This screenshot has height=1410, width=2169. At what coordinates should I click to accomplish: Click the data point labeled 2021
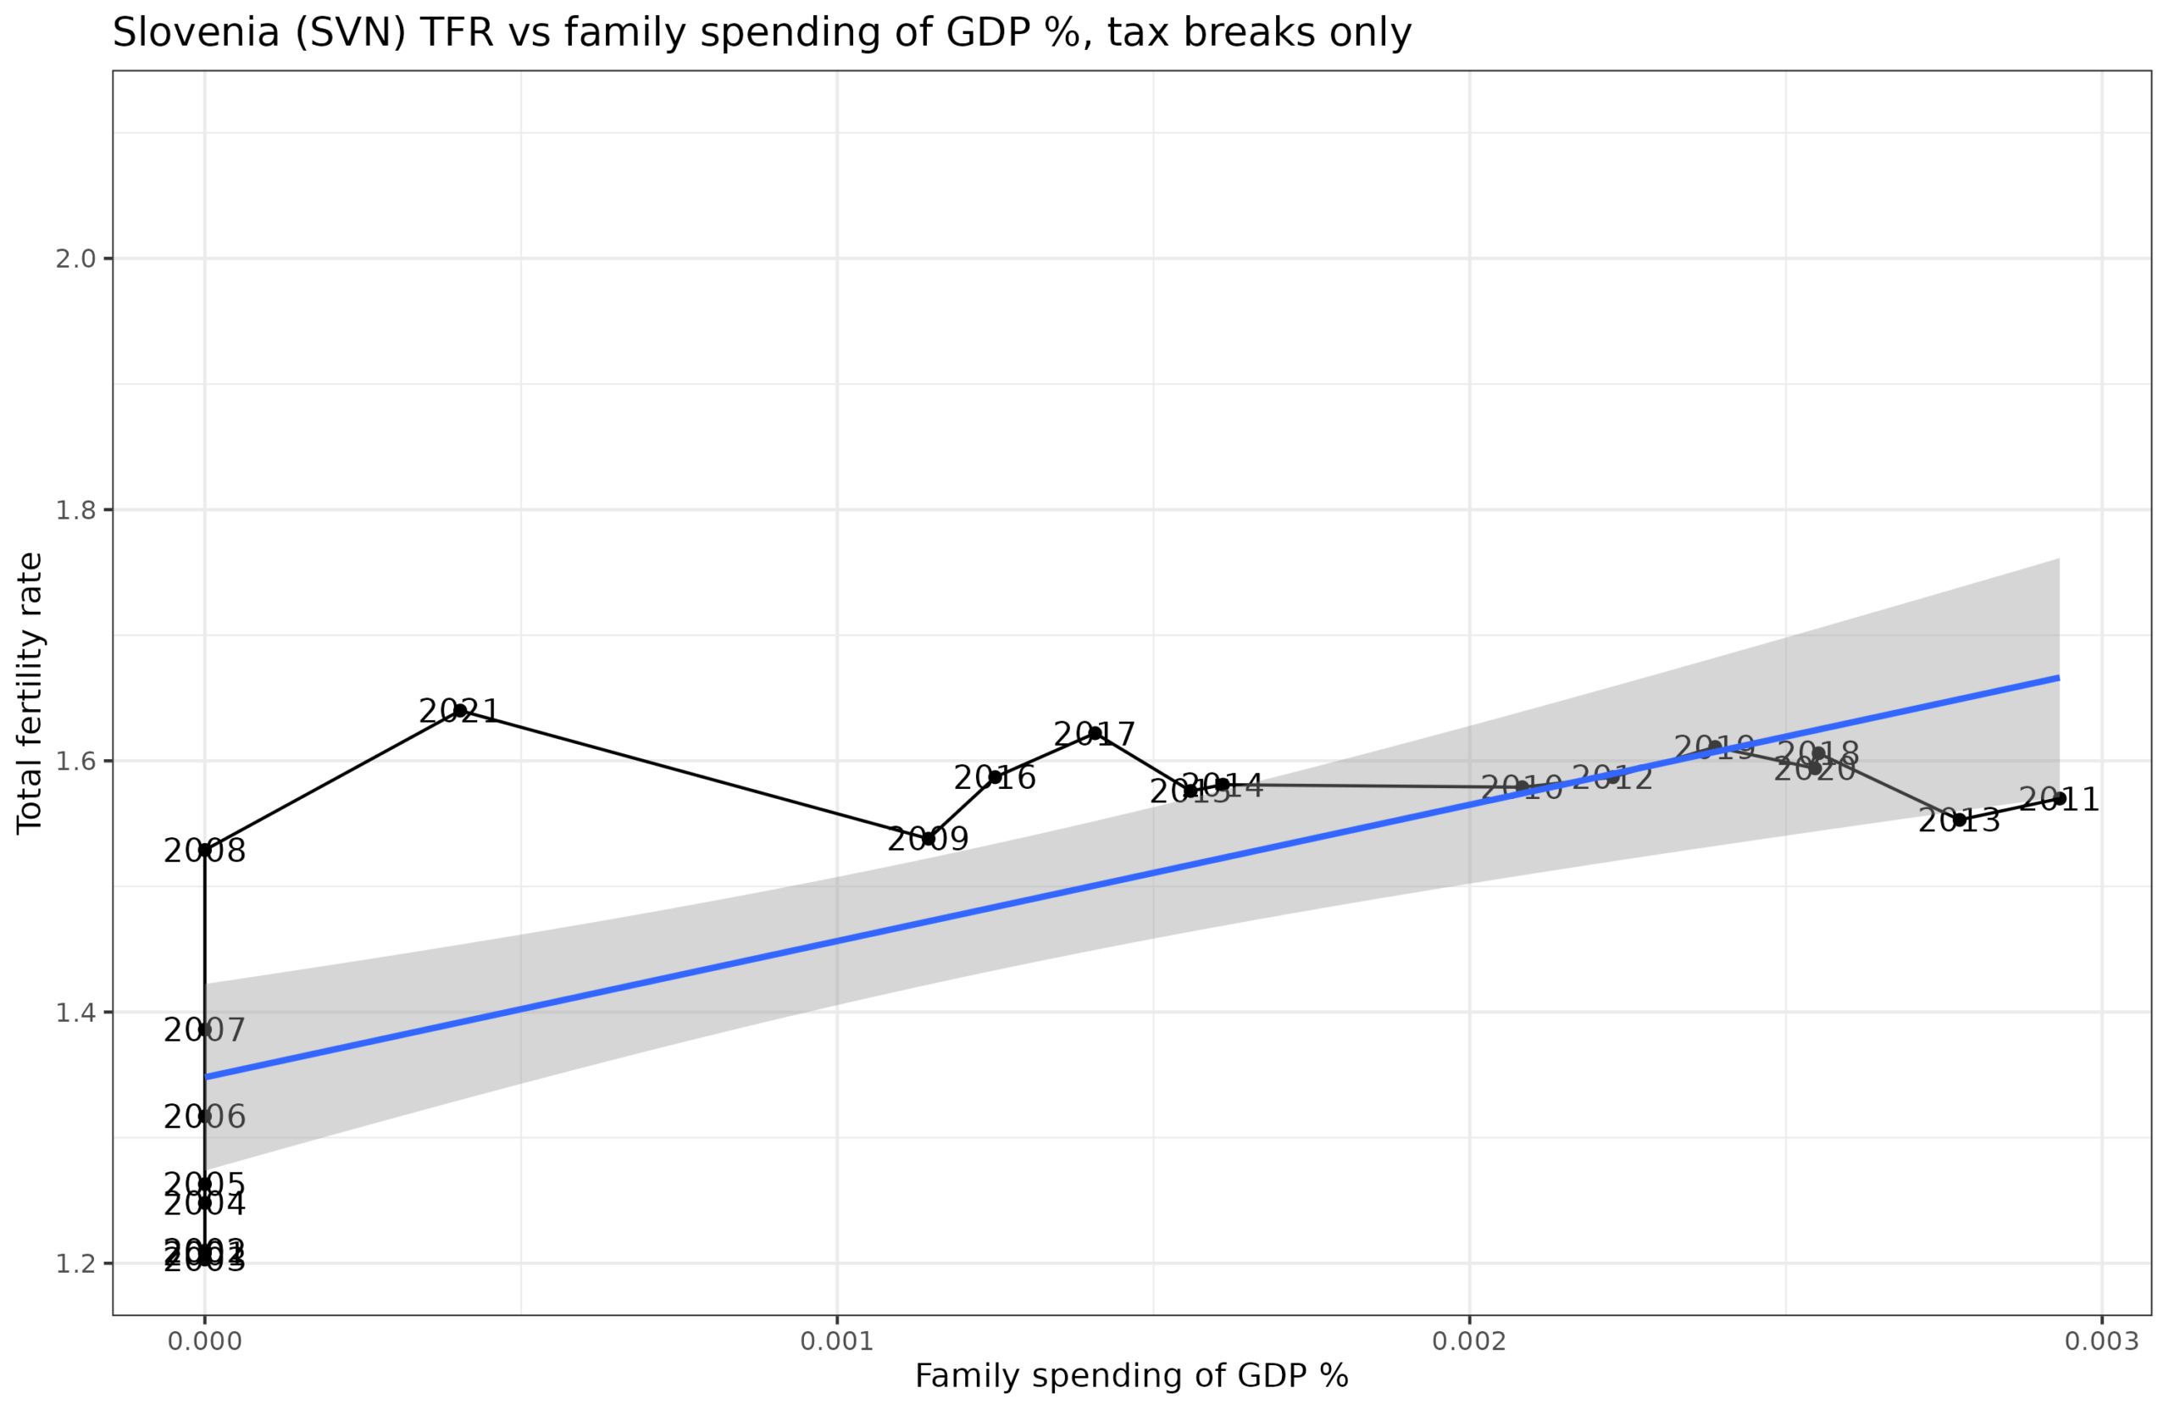pyautogui.click(x=460, y=710)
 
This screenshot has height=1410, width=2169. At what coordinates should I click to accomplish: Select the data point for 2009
pyautogui.click(x=929, y=839)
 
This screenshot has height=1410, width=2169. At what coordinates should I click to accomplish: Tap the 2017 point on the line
pyautogui.click(x=1096, y=733)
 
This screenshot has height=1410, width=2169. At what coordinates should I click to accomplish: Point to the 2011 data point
pyautogui.click(x=2060, y=798)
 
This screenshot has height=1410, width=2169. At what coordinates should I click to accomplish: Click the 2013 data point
pyautogui.click(x=1960, y=819)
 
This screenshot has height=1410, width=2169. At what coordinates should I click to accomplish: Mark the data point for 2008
pyautogui.click(x=205, y=849)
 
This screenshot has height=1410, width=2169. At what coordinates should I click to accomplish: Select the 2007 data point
pyautogui.click(x=205, y=1030)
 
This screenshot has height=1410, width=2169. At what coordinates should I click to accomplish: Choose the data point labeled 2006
pyautogui.click(x=205, y=1116)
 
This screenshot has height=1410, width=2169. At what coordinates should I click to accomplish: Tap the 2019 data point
pyautogui.click(x=1714, y=747)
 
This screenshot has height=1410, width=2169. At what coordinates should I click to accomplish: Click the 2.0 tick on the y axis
pyautogui.click(x=75, y=258)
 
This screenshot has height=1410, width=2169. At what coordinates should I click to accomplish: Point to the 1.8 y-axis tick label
pyautogui.click(x=75, y=510)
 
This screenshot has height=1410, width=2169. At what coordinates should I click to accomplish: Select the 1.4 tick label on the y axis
pyautogui.click(x=75, y=1013)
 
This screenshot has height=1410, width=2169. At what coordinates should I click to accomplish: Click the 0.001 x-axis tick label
pyautogui.click(x=836, y=1341)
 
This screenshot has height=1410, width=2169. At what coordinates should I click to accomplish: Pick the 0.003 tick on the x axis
pyautogui.click(x=2101, y=1341)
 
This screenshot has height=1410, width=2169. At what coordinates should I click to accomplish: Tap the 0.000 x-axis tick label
pyautogui.click(x=205, y=1341)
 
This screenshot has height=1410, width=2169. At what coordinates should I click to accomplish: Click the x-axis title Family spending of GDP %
pyautogui.click(x=1131, y=1376)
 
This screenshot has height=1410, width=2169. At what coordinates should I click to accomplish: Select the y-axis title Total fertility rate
pyautogui.click(x=29, y=692)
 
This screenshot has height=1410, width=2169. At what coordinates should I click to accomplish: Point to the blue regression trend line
pyautogui.click(x=1130, y=877)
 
